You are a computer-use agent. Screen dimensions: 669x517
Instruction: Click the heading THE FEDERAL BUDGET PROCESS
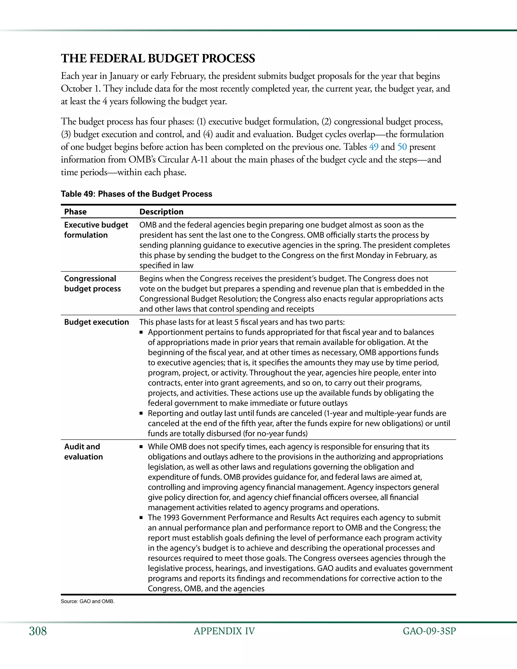pyautogui.click(x=158, y=59)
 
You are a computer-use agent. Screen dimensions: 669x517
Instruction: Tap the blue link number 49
pyautogui.click(x=374, y=147)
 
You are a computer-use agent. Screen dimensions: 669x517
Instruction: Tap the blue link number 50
pyautogui.click(x=402, y=147)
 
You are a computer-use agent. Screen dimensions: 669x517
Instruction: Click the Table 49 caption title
pyautogui.click(x=136, y=194)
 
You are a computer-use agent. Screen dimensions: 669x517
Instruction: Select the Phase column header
pyautogui.click(x=75, y=212)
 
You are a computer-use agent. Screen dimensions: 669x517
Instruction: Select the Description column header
pyautogui.click(x=161, y=212)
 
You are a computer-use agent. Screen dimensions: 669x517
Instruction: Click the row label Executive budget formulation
pyautogui.click(x=96, y=230)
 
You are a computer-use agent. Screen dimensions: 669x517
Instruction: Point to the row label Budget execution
pyautogui.click(x=96, y=322)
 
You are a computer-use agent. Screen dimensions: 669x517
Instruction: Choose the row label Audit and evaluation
pyautogui.click(x=83, y=452)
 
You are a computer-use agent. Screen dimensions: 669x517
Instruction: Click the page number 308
pyautogui.click(x=38, y=631)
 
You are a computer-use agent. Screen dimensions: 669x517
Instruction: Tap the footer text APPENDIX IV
pyautogui.click(x=224, y=631)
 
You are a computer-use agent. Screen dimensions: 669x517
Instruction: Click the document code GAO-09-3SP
pyautogui.click(x=429, y=631)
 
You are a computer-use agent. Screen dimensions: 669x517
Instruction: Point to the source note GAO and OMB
pyautogui.click(x=88, y=601)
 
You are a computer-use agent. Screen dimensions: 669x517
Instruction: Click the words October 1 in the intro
pyautogui.click(x=81, y=89)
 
